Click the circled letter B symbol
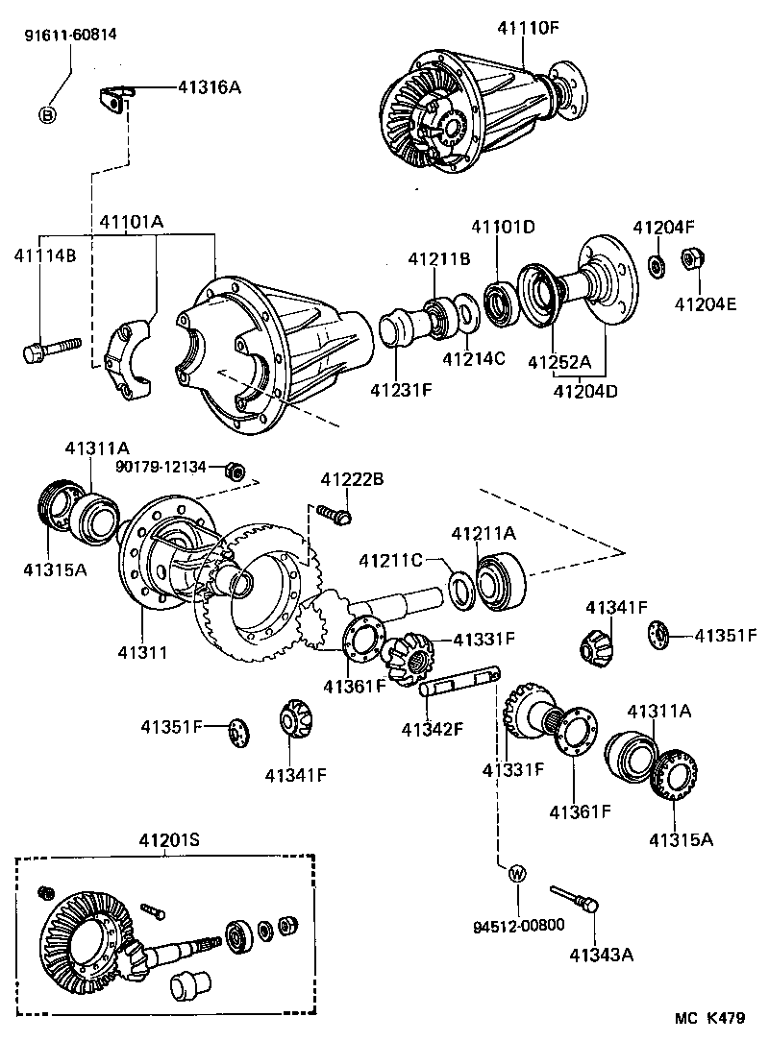point(48,115)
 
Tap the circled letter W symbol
point(517,873)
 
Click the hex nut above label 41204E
point(690,259)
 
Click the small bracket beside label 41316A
point(114,98)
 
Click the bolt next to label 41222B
point(333,516)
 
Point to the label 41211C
point(388,559)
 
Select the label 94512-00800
point(518,926)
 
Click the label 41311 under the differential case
point(142,652)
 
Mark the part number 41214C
point(473,360)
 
